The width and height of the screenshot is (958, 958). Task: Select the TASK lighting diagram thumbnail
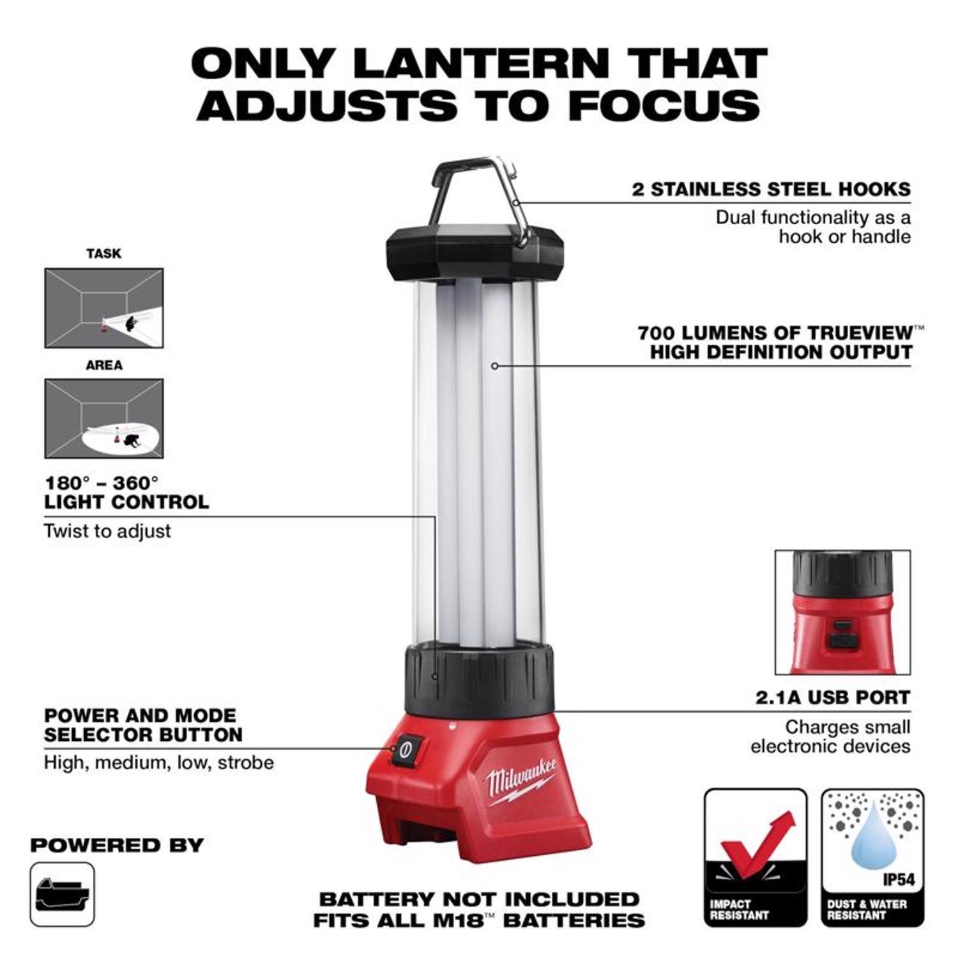103,308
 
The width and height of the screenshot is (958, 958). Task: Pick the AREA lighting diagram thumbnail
103,418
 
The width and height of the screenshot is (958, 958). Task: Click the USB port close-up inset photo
842,612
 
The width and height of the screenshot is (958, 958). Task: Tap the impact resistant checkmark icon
756,857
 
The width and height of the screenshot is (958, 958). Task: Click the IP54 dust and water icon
872,857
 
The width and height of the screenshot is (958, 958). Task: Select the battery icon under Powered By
62,894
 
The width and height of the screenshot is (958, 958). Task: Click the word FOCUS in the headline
664,105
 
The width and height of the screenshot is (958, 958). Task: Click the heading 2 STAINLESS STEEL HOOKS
771,189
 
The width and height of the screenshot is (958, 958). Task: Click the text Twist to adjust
107,531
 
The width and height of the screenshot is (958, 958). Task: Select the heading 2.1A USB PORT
833,697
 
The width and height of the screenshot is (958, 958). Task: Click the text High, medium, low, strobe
158,762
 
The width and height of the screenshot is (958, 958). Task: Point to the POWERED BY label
117,845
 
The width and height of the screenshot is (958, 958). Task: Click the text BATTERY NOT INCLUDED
479,899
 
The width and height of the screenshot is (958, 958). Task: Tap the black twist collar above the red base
478,680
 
